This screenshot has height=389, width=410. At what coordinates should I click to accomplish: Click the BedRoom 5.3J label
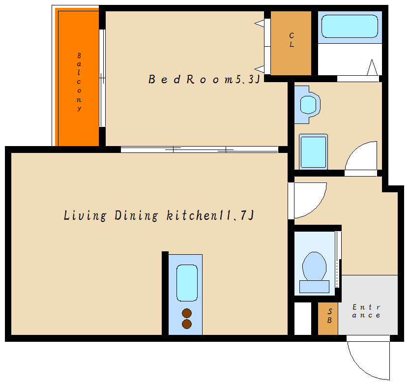click(x=204, y=79)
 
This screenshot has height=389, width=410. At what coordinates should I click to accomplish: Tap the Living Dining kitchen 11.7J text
click(x=159, y=215)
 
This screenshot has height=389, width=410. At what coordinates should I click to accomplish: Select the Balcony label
click(x=79, y=82)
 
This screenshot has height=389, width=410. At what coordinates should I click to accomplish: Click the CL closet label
click(x=292, y=40)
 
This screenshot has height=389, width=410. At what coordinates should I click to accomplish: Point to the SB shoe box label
click(x=329, y=316)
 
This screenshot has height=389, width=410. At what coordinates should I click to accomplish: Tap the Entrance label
click(x=366, y=311)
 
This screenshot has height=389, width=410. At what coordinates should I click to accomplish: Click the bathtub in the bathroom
click(x=350, y=26)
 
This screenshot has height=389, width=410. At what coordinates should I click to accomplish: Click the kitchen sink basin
click(x=187, y=283)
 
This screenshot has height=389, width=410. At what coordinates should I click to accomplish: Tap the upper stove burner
click(x=187, y=313)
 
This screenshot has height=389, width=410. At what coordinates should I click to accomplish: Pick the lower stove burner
click(x=187, y=324)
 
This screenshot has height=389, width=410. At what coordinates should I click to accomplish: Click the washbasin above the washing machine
click(x=308, y=105)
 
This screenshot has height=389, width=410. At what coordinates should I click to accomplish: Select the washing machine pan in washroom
click(x=313, y=152)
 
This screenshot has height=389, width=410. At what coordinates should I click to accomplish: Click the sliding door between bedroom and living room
click(x=199, y=150)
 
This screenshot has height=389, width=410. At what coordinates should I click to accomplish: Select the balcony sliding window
click(x=102, y=78)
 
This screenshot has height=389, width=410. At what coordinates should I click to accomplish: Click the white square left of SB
click(x=303, y=318)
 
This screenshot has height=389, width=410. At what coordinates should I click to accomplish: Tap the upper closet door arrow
click(x=259, y=24)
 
